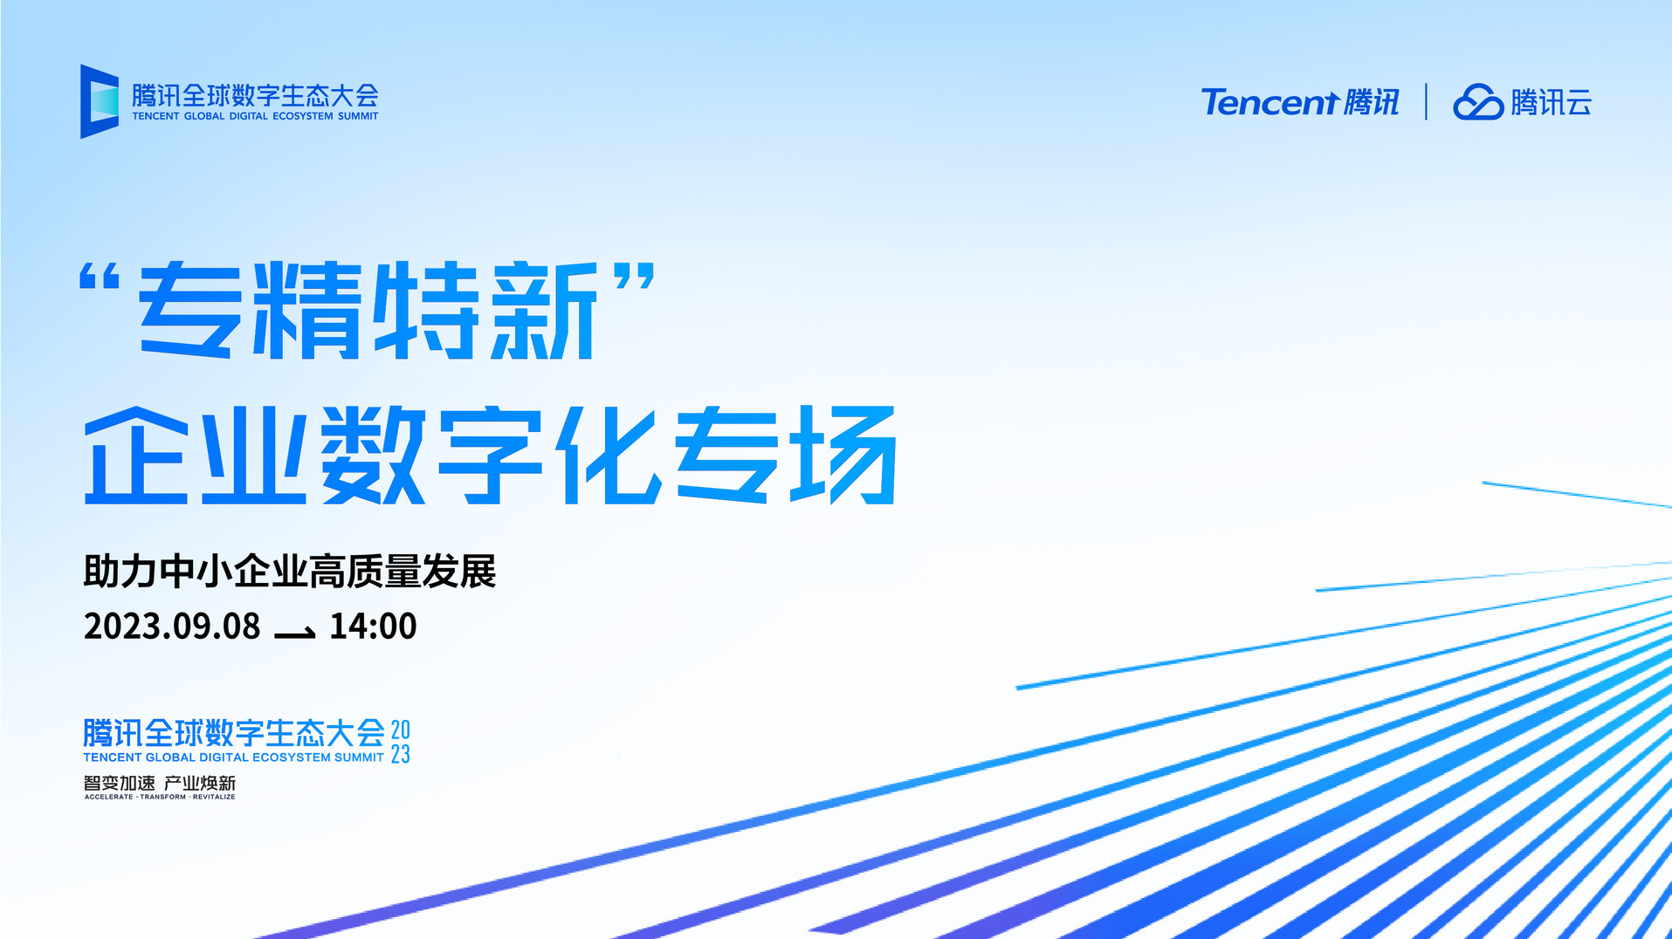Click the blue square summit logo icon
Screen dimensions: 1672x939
click(x=100, y=101)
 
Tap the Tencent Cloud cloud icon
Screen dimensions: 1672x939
click(x=1478, y=102)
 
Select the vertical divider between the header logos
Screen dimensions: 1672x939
click(x=1426, y=101)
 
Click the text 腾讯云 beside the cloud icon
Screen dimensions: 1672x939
click(x=1552, y=102)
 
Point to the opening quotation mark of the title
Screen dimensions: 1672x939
click(x=100, y=278)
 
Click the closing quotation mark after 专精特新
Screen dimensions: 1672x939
click(x=634, y=278)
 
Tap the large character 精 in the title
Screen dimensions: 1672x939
click(x=306, y=310)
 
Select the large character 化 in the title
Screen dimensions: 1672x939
click(x=610, y=455)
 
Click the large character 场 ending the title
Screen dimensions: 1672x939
click(x=843, y=455)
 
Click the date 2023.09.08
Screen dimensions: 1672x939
click(x=172, y=627)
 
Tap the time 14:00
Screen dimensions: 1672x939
click(x=373, y=627)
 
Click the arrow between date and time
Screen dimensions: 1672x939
click(x=294, y=633)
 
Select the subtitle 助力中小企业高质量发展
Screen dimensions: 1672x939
click(x=290, y=572)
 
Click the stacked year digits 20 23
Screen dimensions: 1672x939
click(x=401, y=742)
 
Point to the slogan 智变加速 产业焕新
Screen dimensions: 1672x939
click(x=160, y=783)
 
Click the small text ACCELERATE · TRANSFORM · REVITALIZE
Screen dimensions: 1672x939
click(x=160, y=797)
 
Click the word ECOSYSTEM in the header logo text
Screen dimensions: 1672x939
click(x=303, y=116)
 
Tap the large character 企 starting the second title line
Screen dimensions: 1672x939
click(x=136, y=455)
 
